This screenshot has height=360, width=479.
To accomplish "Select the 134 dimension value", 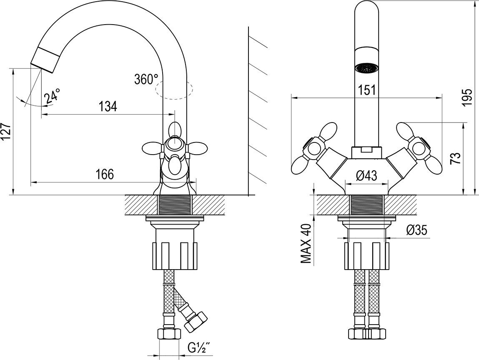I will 108,107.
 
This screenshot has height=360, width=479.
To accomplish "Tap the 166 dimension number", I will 105,175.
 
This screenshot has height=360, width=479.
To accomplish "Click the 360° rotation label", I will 146,79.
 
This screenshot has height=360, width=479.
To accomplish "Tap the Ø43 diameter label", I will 366,176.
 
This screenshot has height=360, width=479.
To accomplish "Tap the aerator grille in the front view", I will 367,68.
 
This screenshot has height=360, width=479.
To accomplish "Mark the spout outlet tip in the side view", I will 41,65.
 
